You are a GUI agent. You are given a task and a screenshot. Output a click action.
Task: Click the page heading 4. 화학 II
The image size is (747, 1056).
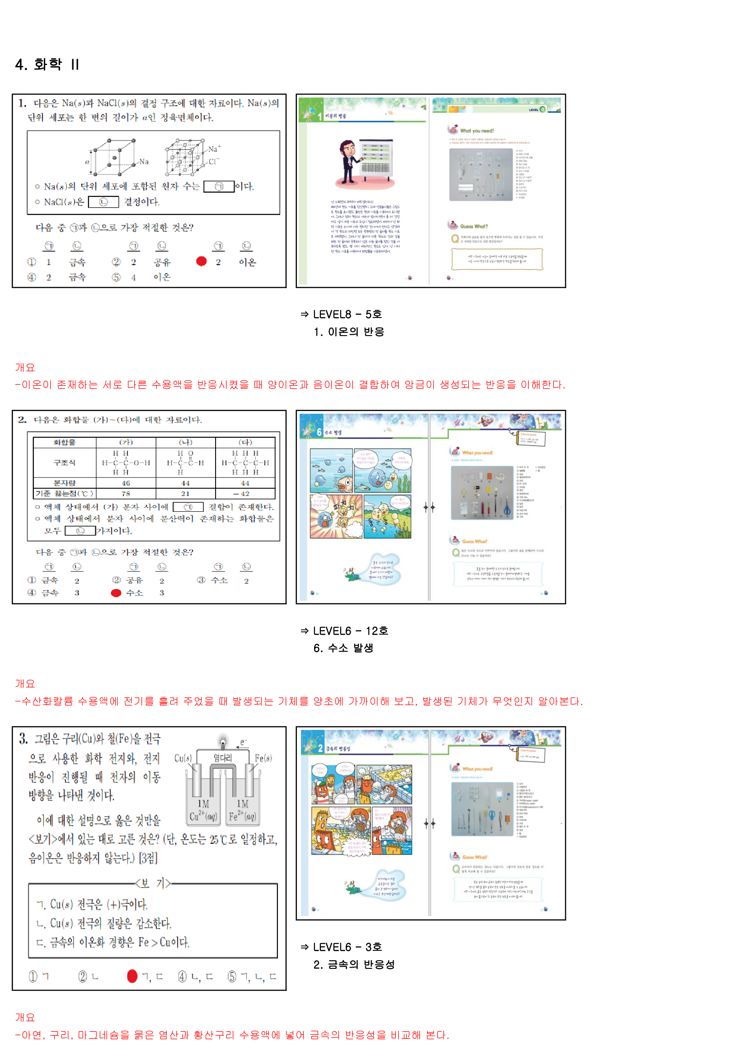point(47,64)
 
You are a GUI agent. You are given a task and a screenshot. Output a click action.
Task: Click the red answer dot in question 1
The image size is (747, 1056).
point(201,261)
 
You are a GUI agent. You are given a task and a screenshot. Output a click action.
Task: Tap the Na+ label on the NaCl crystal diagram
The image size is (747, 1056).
point(214,149)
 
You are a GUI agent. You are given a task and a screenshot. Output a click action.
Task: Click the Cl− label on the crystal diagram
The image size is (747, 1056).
point(214,161)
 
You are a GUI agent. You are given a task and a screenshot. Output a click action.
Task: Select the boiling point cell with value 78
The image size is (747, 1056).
point(126,494)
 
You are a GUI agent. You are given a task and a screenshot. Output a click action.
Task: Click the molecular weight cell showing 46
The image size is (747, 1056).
point(126,483)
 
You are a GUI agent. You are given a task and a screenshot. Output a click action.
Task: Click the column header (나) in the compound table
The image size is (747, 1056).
point(185,442)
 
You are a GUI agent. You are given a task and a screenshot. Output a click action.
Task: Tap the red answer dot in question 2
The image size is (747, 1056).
point(116,593)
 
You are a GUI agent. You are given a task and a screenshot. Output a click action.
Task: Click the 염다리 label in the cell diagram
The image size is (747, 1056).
point(223,757)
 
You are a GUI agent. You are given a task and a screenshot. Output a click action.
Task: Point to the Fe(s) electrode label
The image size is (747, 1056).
point(263,757)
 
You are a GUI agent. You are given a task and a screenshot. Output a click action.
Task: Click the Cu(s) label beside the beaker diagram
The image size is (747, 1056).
point(183,757)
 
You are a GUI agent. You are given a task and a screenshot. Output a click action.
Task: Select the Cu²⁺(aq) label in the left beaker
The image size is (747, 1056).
point(203,816)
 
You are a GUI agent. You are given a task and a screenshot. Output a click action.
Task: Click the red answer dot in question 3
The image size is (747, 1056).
point(132,976)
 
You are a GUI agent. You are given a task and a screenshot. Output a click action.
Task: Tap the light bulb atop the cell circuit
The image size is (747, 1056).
point(223,741)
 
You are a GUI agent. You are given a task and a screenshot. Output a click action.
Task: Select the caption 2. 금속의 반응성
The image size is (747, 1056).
point(353,964)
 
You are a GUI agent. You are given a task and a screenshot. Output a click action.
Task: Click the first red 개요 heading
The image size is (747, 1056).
point(25,367)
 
